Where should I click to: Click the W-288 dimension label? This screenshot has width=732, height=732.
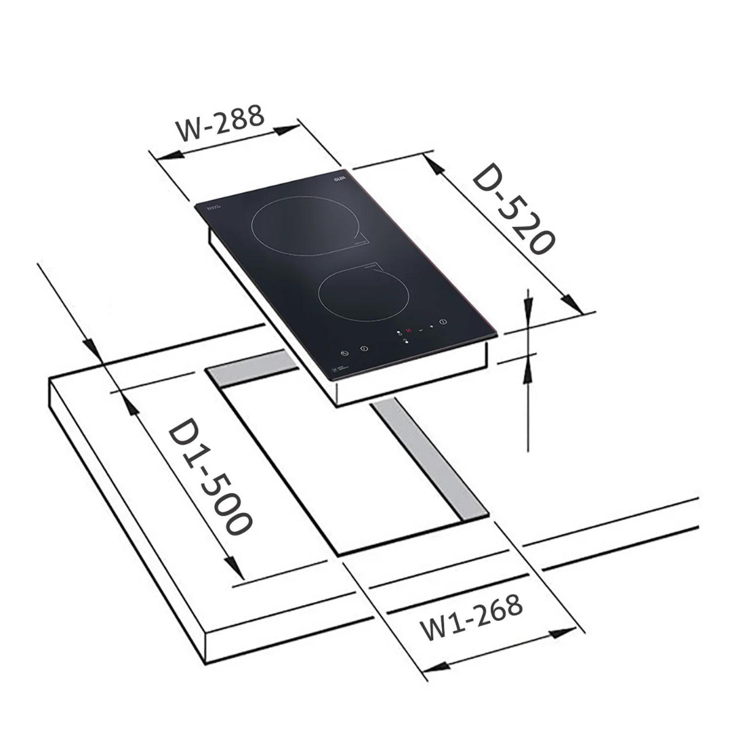pos(220,123)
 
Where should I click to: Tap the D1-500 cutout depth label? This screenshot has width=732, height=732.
pos(209,477)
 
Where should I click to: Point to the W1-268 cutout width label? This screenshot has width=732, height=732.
pos(472,617)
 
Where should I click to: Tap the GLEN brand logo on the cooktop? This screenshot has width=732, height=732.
pos(340,178)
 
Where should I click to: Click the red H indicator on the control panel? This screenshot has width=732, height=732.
pos(408,330)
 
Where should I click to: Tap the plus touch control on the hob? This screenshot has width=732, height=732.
pos(431,327)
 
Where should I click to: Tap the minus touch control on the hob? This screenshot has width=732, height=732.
pos(420,329)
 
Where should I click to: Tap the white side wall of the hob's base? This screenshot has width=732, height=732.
pos(413,376)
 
